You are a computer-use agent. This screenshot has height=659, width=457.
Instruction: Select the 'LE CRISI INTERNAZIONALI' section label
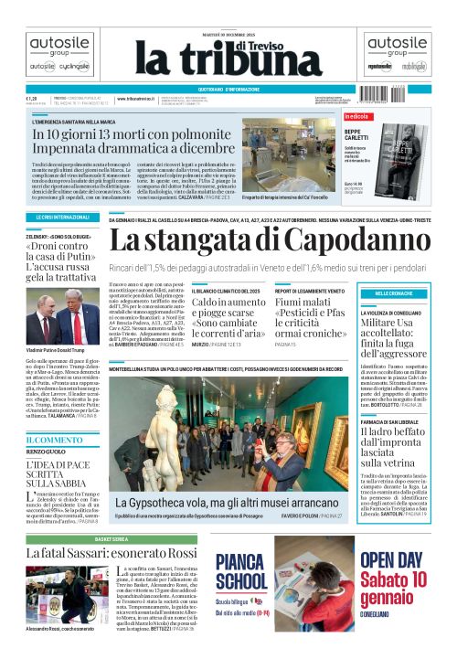tap(57, 218)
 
